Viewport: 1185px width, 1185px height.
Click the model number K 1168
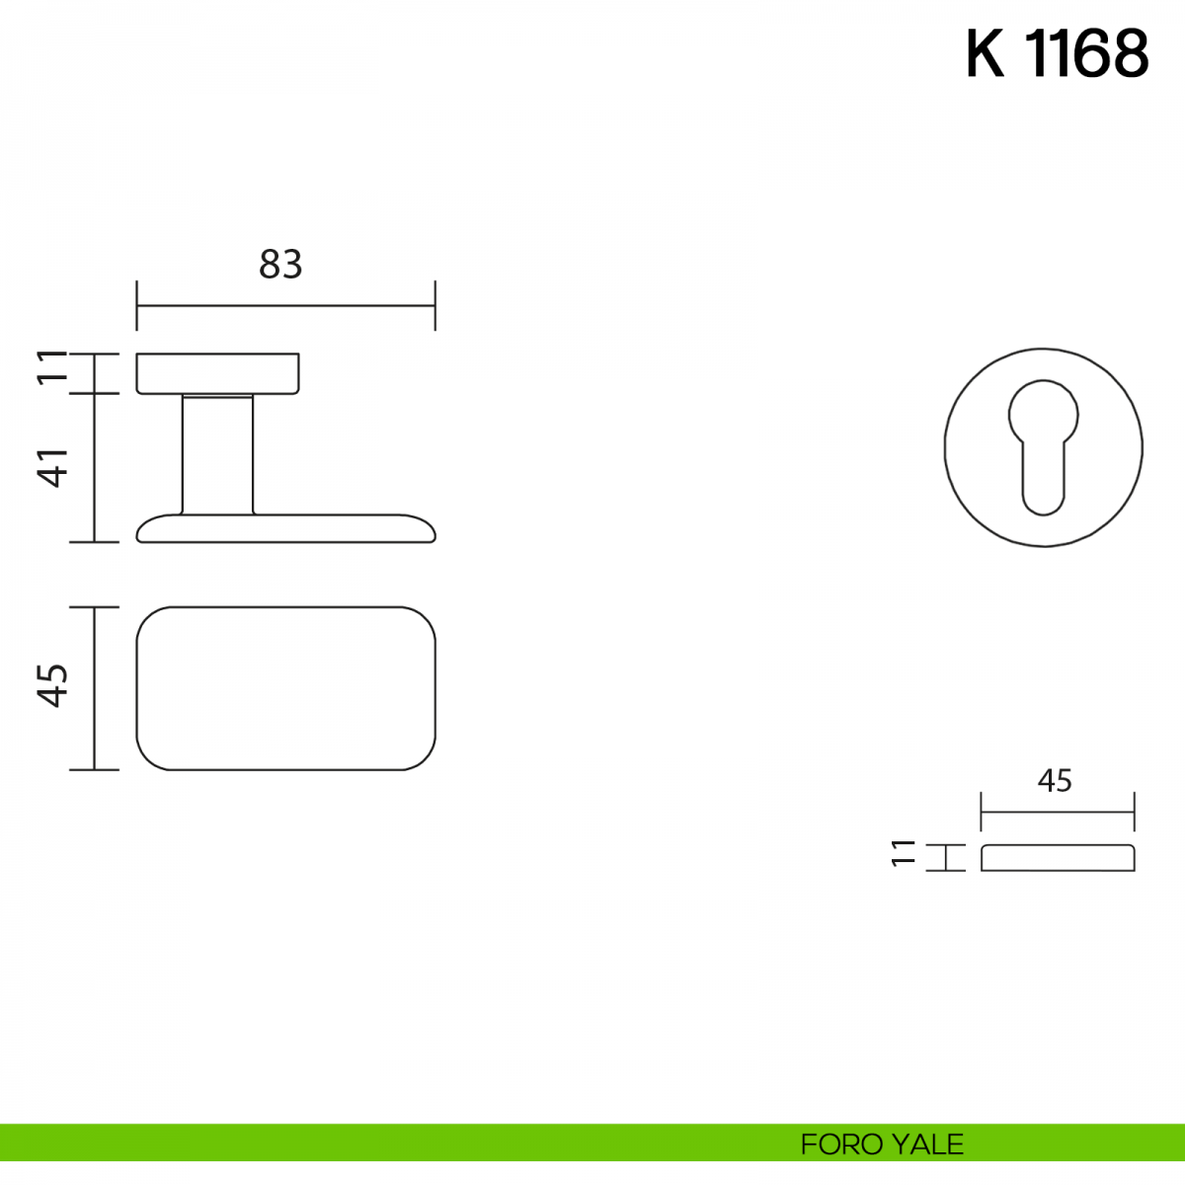coord(1057,54)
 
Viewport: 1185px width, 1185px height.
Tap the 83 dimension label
coord(280,265)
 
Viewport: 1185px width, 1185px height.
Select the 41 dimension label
coord(54,468)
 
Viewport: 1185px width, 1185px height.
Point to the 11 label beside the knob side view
coord(52,367)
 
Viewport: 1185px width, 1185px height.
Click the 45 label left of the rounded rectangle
coord(53,685)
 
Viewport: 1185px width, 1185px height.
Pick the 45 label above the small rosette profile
coord(1055,780)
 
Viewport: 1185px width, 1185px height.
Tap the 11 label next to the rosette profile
coord(904,853)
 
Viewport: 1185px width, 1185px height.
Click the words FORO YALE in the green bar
coord(882,1145)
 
